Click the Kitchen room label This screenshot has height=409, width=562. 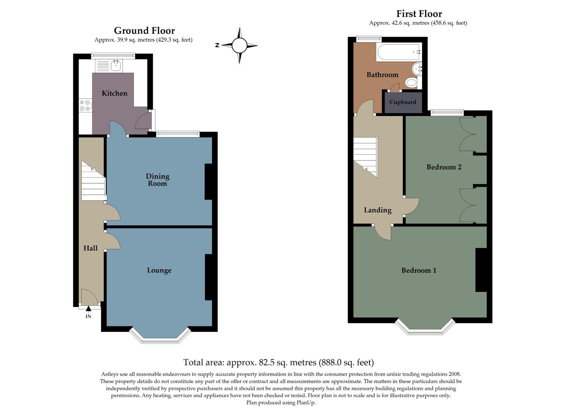pyautogui.click(x=114, y=93)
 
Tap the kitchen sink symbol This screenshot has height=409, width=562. pyautogui.click(x=115, y=66)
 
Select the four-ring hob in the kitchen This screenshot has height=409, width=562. pyautogui.click(x=85, y=106)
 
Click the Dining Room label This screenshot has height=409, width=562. pyautogui.click(x=157, y=180)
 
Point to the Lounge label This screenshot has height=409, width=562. pyautogui.click(x=159, y=270)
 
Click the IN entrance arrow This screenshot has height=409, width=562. pyautogui.click(x=89, y=309)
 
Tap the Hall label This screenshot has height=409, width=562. pyautogui.click(x=90, y=248)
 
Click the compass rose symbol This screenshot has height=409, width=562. pyautogui.click(x=239, y=45)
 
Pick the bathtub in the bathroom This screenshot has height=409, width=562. pyautogui.click(x=398, y=52)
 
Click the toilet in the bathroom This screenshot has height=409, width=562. pyautogui.click(x=411, y=82)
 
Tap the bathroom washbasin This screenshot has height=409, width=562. pyautogui.click(x=417, y=69)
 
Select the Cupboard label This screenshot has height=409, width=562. pyautogui.click(x=403, y=102)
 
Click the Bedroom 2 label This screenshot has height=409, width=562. pyautogui.click(x=444, y=167)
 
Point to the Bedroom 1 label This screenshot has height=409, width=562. pyautogui.click(x=419, y=270)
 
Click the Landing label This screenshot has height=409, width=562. pyautogui.click(x=377, y=210)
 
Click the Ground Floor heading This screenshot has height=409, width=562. pyautogui.click(x=144, y=30)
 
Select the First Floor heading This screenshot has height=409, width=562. pyautogui.click(x=419, y=14)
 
